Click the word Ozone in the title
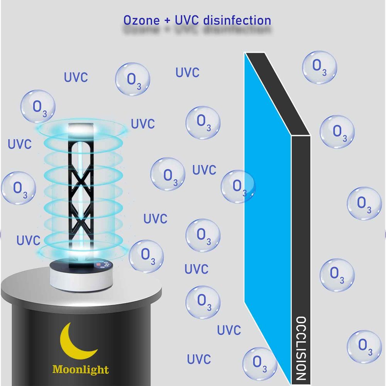(141, 20)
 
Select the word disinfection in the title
(237, 20)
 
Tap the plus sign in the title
(167, 20)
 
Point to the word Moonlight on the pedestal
(81, 370)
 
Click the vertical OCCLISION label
(301, 348)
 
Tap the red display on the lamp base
(99, 264)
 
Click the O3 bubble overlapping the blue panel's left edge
(238, 186)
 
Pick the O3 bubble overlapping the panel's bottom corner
(260, 364)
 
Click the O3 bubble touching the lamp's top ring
(38, 107)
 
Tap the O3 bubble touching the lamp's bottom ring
(146, 256)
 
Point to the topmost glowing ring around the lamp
(83, 129)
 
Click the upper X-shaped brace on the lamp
(81, 181)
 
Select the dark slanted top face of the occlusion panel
(278, 94)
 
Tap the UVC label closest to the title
(187, 73)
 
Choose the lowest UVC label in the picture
(199, 359)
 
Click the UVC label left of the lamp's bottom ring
(28, 240)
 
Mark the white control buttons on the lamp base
(107, 264)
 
